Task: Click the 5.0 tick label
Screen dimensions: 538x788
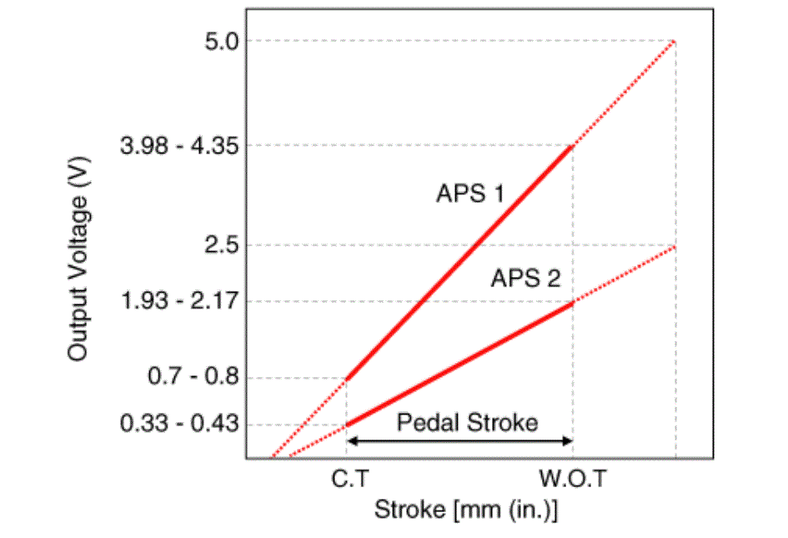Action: (220, 41)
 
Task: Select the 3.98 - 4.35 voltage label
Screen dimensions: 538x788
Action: (180, 146)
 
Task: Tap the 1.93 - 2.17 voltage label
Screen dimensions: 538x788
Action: (180, 301)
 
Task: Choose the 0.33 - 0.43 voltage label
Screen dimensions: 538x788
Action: (180, 424)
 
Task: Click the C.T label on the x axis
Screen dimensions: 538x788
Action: (346, 480)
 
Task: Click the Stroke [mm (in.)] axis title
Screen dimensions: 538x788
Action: (465, 510)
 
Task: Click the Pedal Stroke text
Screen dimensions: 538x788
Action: (467, 423)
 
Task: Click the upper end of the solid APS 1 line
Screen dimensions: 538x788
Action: (573, 146)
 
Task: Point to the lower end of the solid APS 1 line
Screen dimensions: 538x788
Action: (346, 379)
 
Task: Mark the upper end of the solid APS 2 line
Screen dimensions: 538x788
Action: (573, 302)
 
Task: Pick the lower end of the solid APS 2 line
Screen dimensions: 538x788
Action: (346, 425)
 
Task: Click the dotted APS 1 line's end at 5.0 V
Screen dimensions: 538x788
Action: (674, 41)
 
